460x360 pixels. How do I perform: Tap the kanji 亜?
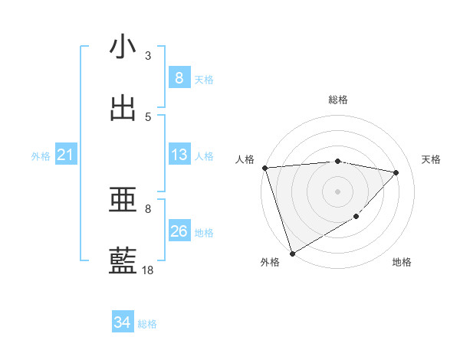[x=123, y=200]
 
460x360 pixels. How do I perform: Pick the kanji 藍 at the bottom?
[x=123, y=261]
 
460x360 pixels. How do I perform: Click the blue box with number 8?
[x=179, y=78]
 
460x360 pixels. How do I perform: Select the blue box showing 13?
[x=179, y=155]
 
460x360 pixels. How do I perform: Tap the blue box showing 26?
[x=179, y=231]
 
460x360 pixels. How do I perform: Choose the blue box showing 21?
[x=65, y=155]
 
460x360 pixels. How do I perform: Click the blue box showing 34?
[x=122, y=323]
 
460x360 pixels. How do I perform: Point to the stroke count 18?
[x=148, y=270]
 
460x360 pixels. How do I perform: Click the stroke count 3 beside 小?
[x=148, y=55]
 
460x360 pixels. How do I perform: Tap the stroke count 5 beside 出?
[x=148, y=116]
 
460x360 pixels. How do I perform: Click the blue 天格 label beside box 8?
[x=204, y=80]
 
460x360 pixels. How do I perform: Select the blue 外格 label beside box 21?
[x=41, y=156]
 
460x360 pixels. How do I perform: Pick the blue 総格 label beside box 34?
[x=147, y=324]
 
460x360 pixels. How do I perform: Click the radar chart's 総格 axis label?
[x=337, y=100]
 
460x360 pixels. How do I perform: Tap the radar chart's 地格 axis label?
[x=402, y=263]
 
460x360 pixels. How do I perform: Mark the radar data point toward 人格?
[x=264, y=168]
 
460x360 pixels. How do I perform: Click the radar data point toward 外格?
[x=292, y=253]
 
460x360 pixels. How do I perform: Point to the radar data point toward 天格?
[x=396, y=172]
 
